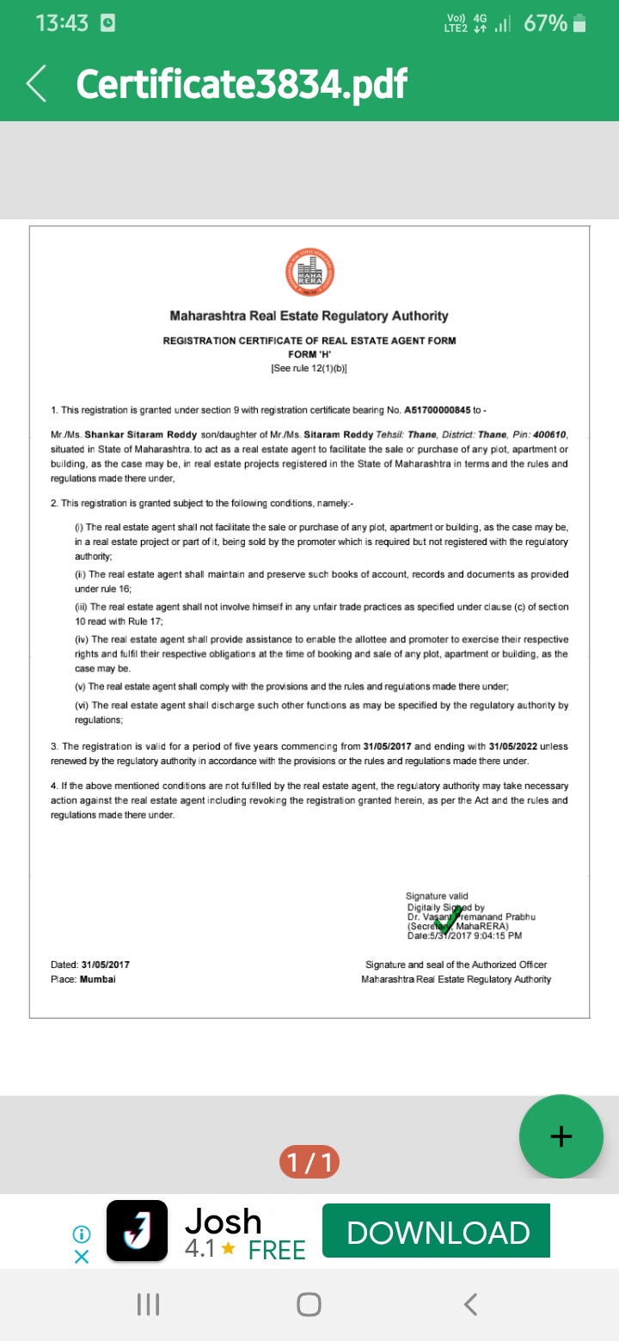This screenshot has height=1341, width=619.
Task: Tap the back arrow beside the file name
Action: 37,83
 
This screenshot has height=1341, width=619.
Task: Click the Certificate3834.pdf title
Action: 241,83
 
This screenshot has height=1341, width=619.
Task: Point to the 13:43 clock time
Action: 62,23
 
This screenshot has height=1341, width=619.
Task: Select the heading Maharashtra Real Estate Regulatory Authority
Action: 309,316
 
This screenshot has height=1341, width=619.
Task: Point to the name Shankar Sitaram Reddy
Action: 129,435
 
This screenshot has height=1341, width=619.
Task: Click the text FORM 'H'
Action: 309,354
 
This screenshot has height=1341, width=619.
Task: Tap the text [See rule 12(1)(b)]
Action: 309,368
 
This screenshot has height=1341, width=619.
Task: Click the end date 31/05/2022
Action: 513,746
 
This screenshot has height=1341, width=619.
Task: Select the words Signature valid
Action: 437,897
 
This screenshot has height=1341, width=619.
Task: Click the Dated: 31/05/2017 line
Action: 90,964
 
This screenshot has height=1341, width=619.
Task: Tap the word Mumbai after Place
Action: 97,979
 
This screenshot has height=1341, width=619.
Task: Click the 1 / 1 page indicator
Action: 309,1163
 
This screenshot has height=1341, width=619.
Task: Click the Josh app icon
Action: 137,1230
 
